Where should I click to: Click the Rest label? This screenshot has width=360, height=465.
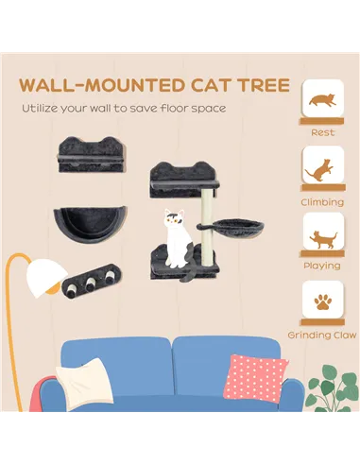(x=322, y=132)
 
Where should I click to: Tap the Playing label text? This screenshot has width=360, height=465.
(x=322, y=267)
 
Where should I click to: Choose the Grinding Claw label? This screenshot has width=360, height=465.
(x=322, y=336)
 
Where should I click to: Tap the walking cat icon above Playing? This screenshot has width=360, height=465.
(x=322, y=236)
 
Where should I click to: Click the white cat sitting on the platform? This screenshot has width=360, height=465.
(x=174, y=237)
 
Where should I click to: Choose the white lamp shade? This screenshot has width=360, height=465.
(x=44, y=277)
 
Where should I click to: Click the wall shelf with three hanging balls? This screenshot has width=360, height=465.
(x=90, y=281)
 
